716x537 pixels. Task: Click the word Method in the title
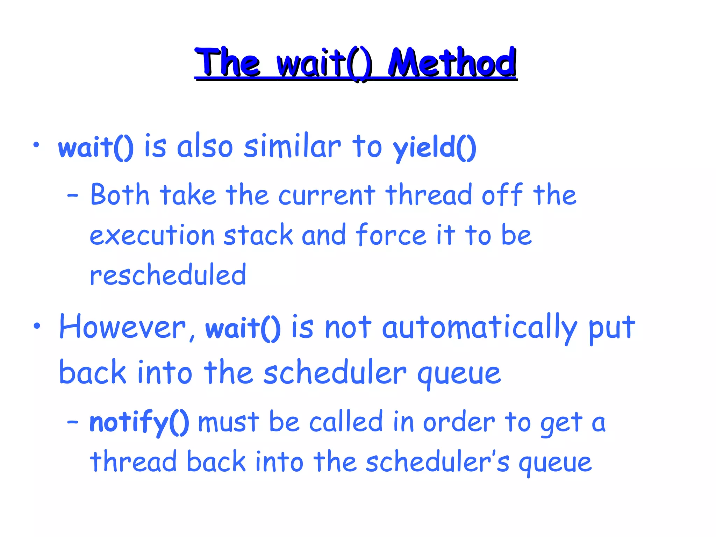452,63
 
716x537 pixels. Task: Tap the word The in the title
228,63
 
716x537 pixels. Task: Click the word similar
292,146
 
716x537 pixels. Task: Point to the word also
205,146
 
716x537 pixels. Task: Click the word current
327,195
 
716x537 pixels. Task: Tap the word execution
152,235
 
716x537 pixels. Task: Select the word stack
258,235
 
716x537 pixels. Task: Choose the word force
391,235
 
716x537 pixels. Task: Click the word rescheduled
168,275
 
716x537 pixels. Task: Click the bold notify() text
139,422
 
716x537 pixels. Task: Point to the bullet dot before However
37,326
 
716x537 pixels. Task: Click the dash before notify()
73,422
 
